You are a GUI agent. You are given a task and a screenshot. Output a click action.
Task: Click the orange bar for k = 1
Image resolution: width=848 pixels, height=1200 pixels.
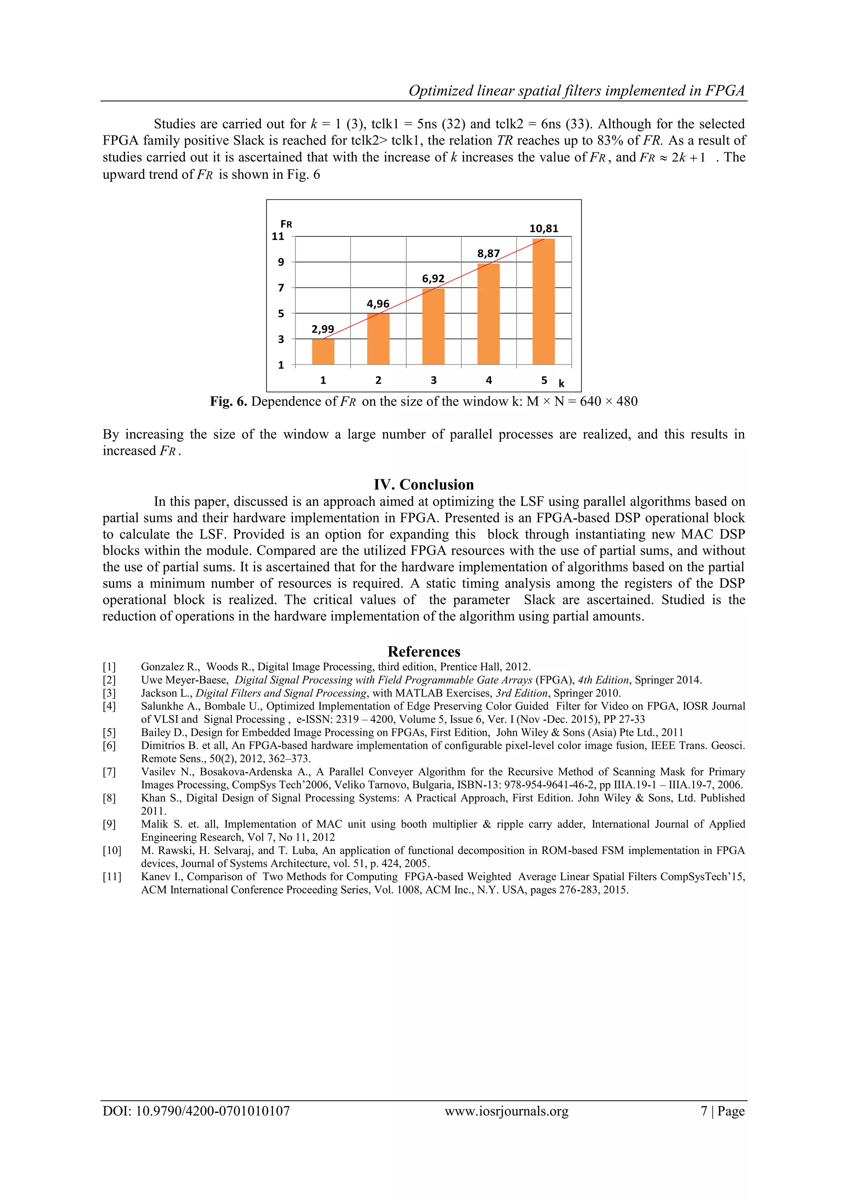(323, 351)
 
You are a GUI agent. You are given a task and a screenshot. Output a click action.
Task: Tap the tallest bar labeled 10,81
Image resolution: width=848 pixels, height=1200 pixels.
(543, 301)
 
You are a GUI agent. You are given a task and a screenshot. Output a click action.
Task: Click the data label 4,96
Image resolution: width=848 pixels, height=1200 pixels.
(378, 304)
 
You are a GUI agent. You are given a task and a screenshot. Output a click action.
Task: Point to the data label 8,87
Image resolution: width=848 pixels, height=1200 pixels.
(489, 254)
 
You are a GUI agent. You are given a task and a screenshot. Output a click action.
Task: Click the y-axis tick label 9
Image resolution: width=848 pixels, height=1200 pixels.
(281, 262)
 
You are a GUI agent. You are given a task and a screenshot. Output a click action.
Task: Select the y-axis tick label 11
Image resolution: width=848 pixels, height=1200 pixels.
(278, 236)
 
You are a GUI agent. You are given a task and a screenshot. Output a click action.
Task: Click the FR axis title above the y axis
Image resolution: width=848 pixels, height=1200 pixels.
(286, 224)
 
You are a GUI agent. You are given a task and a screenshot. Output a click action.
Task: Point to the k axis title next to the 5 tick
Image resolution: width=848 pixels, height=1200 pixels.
(562, 384)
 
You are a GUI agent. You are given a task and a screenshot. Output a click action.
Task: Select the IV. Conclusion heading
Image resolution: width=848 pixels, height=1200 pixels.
(424, 485)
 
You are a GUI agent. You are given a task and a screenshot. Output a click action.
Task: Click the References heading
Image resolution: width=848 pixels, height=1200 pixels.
(424, 651)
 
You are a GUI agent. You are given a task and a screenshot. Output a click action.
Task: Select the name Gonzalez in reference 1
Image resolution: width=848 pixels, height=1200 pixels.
(162, 667)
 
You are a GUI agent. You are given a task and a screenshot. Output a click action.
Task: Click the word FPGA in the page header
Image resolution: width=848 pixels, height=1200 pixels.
(725, 91)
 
